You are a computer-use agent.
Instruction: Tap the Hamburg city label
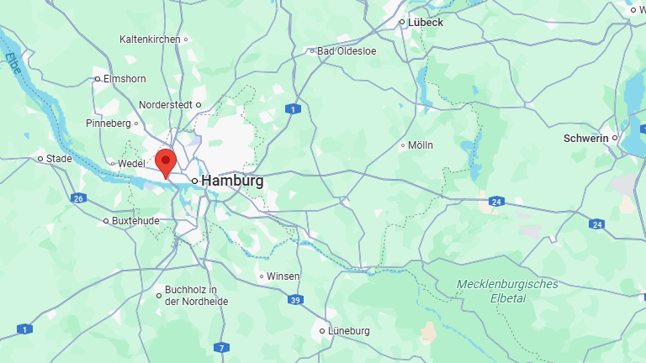[x=232, y=181]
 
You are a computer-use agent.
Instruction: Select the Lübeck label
[x=425, y=22]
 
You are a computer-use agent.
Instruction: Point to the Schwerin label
[x=586, y=138]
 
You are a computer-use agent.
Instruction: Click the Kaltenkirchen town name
[x=151, y=39]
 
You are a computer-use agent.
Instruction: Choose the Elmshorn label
[x=124, y=79]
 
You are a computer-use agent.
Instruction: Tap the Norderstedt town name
[x=165, y=105]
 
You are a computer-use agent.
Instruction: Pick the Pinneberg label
[x=109, y=124]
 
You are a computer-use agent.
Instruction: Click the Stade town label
[x=59, y=158]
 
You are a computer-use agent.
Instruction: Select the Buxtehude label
[x=135, y=221]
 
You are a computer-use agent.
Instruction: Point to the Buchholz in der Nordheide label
[x=196, y=296]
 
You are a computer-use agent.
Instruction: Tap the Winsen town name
[x=283, y=276]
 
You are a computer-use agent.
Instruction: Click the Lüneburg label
[x=348, y=331]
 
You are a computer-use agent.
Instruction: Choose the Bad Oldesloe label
[x=347, y=51]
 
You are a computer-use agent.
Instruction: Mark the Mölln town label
[x=421, y=145]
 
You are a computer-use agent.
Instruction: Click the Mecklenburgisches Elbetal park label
[x=507, y=291]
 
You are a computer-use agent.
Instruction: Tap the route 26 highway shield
[x=78, y=198]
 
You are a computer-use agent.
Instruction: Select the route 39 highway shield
[x=294, y=300]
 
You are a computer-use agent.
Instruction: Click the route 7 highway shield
[x=221, y=347]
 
